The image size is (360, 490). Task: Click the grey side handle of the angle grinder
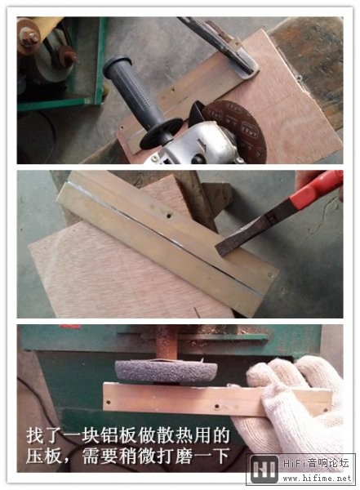(x=135, y=91)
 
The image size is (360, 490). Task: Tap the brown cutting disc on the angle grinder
(x=238, y=129)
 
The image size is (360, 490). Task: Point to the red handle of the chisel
(x=316, y=188)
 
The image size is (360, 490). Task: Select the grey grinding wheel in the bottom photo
(x=167, y=371)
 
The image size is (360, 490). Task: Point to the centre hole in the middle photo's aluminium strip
(x=169, y=216)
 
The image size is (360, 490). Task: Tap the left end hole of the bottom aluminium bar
(x=109, y=402)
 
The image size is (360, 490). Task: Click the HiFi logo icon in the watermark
(x=264, y=470)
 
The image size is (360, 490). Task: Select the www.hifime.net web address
(x=317, y=479)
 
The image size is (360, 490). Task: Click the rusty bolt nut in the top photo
(x=29, y=38)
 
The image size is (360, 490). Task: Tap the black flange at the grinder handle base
(x=160, y=134)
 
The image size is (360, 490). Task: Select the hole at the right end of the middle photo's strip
(x=270, y=275)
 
